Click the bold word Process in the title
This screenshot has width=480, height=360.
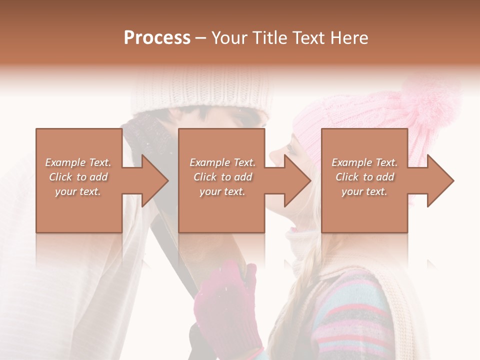pyautogui.click(x=157, y=38)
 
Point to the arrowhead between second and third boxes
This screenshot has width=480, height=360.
pyautogui.click(x=295, y=180)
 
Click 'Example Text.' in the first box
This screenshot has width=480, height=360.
pyautogui.click(x=78, y=162)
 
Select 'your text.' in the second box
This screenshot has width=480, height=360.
pyautogui.click(x=222, y=191)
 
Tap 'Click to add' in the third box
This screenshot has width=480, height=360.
pyautogui.click(x=364, y=177)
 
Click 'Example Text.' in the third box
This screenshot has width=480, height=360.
pyautogui.click(x=364, y=162)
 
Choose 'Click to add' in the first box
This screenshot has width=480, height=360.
pyautogui.click(x=78, y=177)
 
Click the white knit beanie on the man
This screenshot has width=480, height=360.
pyautogui.click(x=200, y=92)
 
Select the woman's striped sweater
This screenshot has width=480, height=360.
pyautogui.click(x=350, y=315)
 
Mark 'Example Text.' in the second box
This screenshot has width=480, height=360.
pyautogui.click(x=222, y=162)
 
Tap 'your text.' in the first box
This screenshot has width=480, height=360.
pyautogui.click(x=78, y=191)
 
